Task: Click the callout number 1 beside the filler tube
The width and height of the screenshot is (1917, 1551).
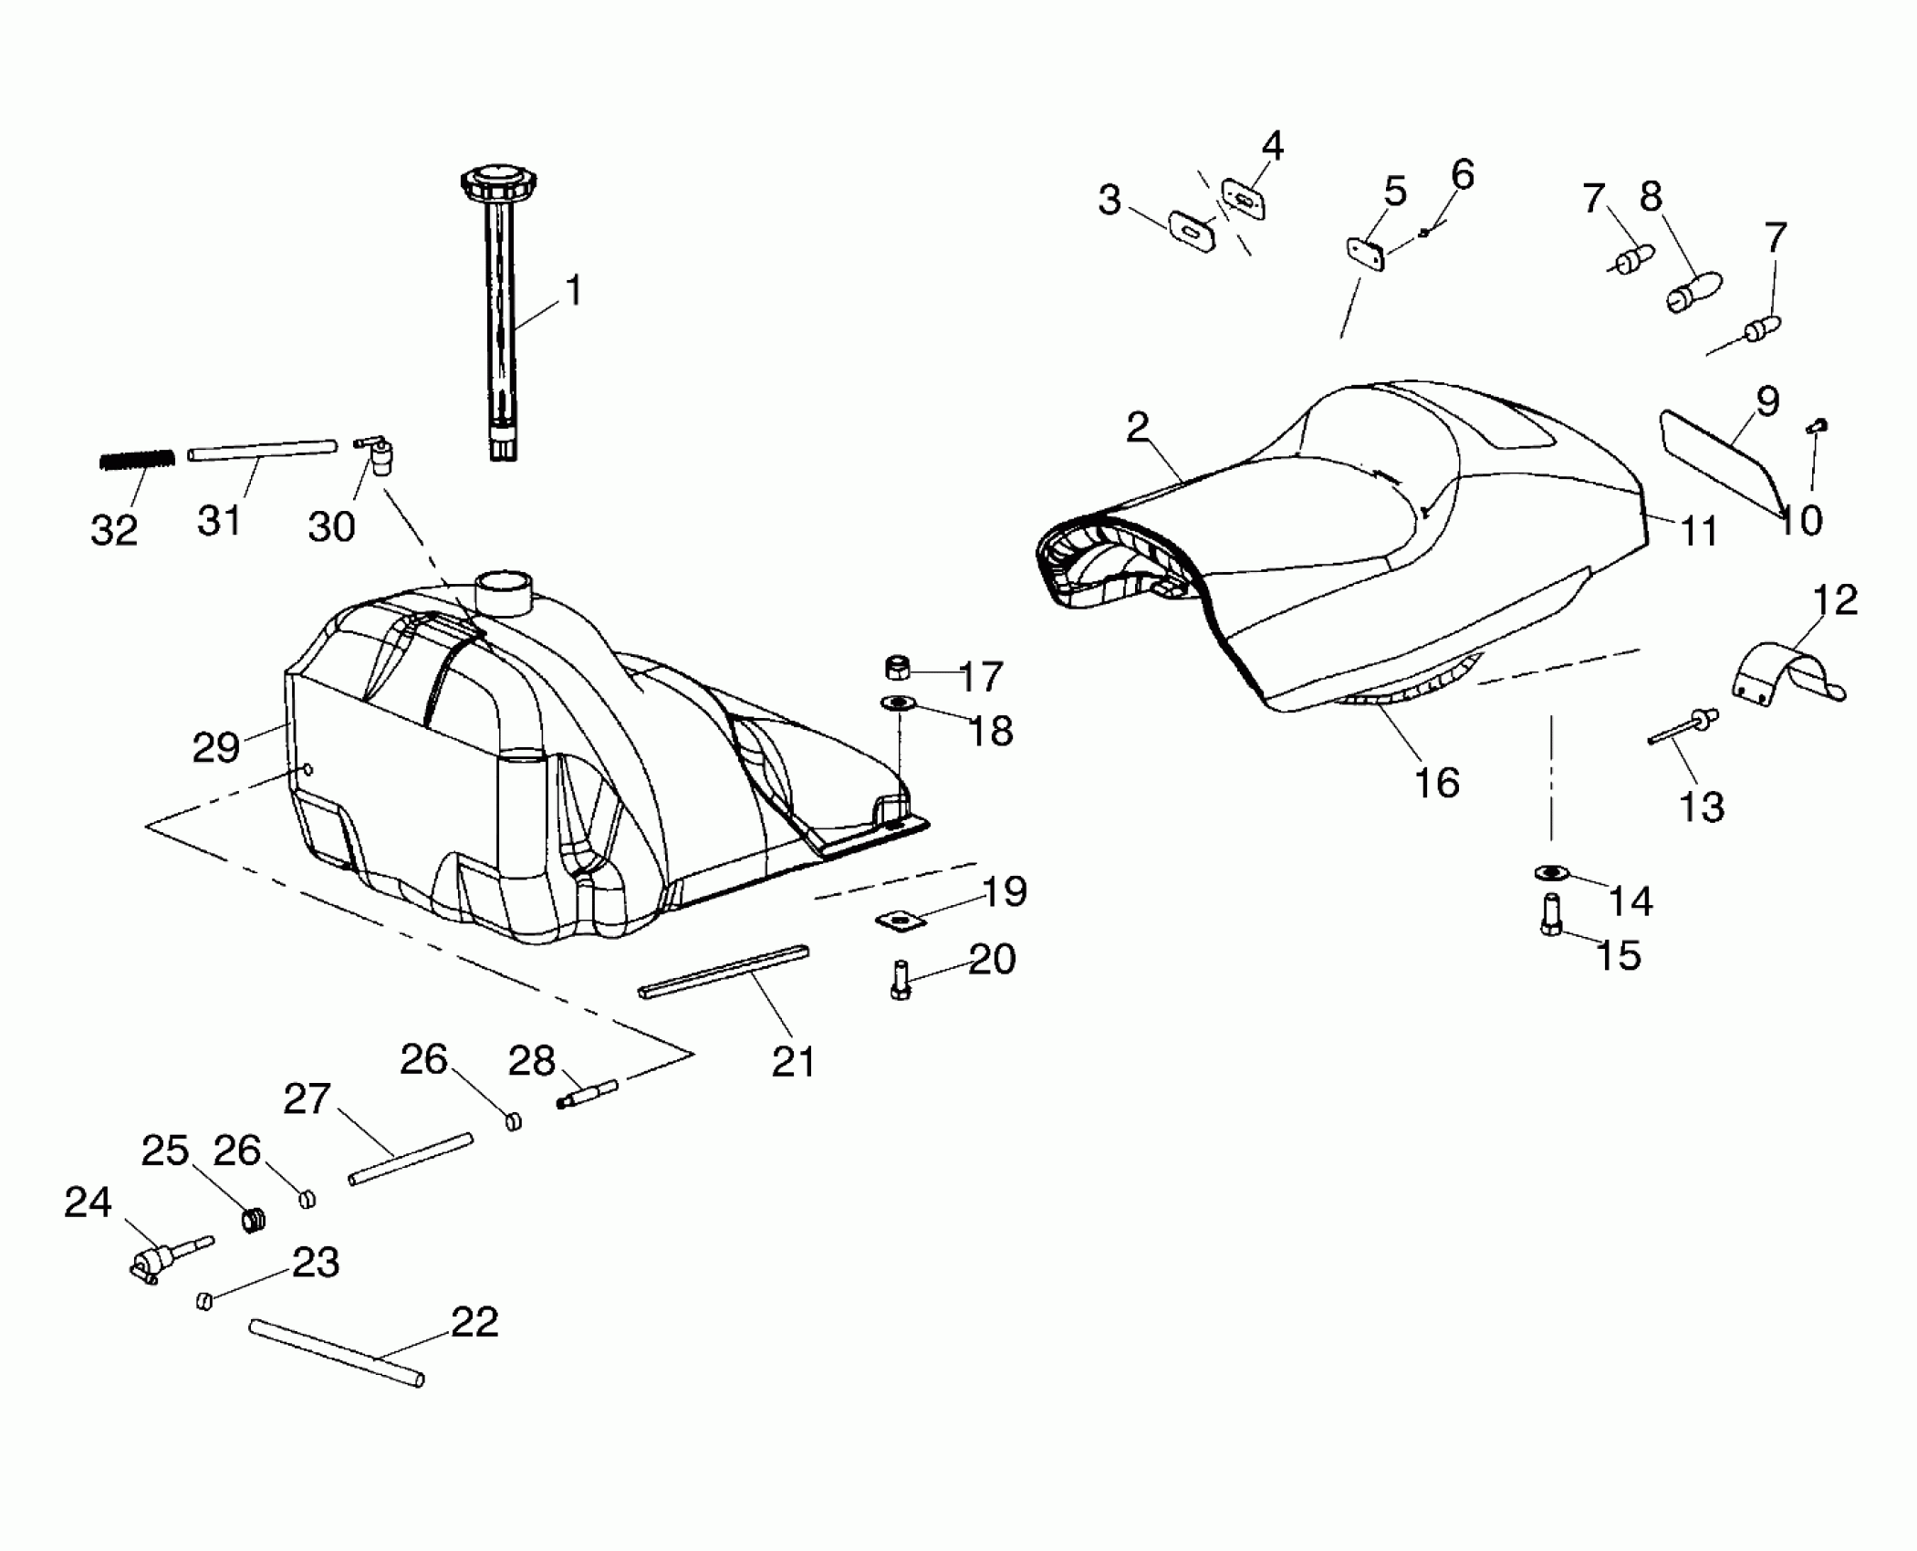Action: pyautogui.click(x=573, y=291)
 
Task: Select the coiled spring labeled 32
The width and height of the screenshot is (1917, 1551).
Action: pyautogui.click(x=137, y=459)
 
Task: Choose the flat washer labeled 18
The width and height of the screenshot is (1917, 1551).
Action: pyautogui.click(x=900, y=703)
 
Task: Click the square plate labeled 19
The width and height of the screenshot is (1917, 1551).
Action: pyautogui.click(x=901, y=922)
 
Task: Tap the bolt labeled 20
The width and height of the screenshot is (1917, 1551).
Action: pyautogui.click(x=901, y=981)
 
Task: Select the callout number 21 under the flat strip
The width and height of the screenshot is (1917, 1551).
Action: pyautogui.click(x=794, y=1061)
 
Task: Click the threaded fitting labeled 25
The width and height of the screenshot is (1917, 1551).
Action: pyautogui.click(x=255, y=1219)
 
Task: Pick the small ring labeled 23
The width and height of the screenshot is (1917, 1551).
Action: pyautogui.click(x=205, y=1300)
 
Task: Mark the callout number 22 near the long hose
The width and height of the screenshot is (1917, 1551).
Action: pyautogui.click(x=474, y=1322)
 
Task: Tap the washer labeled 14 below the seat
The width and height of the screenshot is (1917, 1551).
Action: pyautogui.click(x=1550, y=873)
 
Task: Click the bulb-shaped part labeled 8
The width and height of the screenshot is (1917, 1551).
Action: pyautogui.click(x=1692, y=292)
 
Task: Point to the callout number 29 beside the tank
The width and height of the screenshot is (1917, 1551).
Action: pyautogui.click(x=216, y=747)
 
